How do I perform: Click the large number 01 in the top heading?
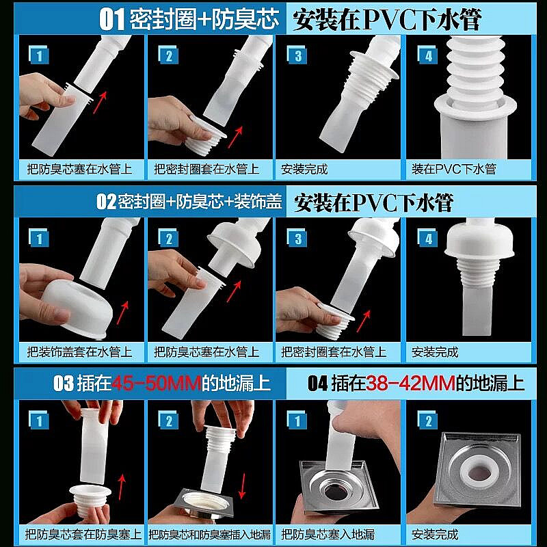[111, 19]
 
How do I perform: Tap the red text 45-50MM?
[157, 384]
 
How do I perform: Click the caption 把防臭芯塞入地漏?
[328, 535]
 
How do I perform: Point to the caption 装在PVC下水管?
[453, 169]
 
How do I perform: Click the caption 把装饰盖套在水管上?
[80, 352]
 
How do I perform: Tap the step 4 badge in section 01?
[428, 55]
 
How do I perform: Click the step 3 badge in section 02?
[297, 238]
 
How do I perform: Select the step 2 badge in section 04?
[428, 421]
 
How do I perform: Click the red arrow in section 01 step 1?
[101, 102]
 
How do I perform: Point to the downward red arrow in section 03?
[242, 486]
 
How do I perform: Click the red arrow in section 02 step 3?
[364, 321]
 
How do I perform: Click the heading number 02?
[106, 202]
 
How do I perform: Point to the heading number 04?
[317, 384]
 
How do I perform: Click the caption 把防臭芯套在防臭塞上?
[83, 535]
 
